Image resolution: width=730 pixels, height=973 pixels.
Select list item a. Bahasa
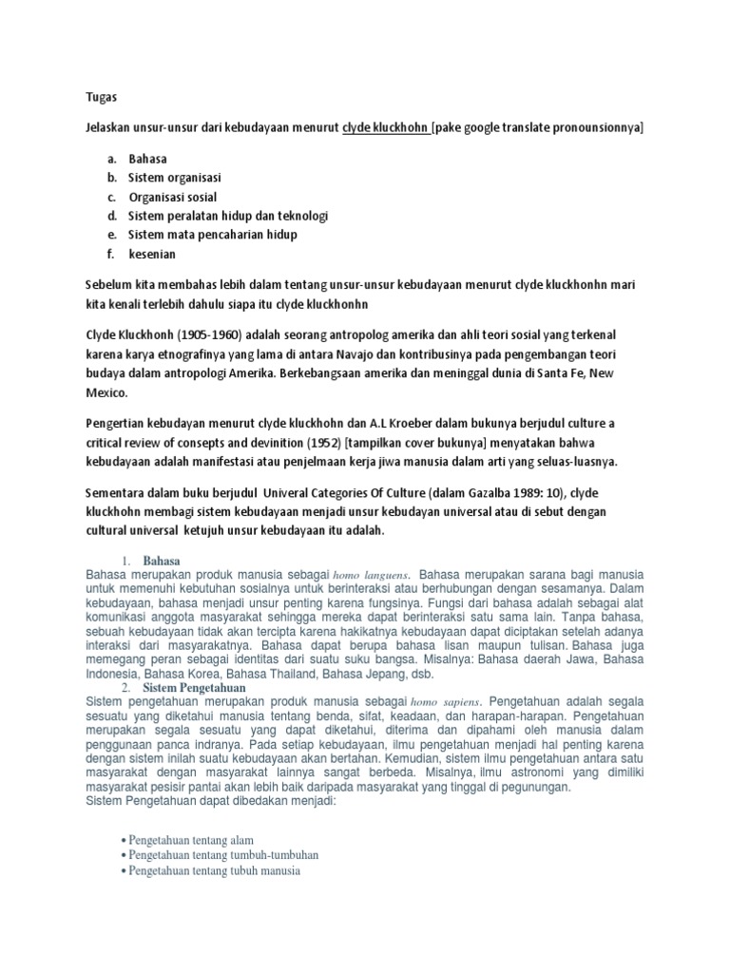[147, 159]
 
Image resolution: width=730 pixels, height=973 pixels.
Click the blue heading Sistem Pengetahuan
[195, 687]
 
